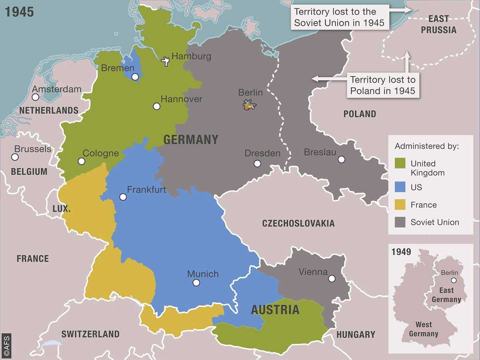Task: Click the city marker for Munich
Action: pyautogui.click(x=196, y=283)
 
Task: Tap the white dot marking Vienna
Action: pyautogui.click(x=332, y=278)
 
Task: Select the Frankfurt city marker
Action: pyautogui.click(x=123, y=197)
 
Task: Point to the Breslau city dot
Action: pyautogui.click(x=341, y=159)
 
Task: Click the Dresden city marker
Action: pyautogui.click(x=257, y=164)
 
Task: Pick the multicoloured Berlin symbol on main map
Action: pyautogui.click(x=250, y=106)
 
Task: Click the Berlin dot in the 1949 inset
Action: pyautogui.click(x=454, y=280)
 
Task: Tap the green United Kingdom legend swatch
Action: pyautogui.click(x=400, y=164)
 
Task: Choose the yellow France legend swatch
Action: pyautogui.click(x=400, y=205)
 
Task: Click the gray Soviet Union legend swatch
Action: pyautogui.click(x=400, y=222)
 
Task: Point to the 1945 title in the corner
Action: pyautogui.click(x=19, y=12)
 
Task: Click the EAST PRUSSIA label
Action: pyautogui.click(x=438, y=24)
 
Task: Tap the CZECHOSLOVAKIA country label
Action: pyautogui.click(x=298, y=224)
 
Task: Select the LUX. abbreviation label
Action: pyautogui.click(x=62, y=209)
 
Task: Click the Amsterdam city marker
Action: pyautogui.click(x=36, y=97)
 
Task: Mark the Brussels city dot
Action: pyautogui.click(x=15, y=157)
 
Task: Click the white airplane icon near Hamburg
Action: pyautogui.click(x=165, y=61)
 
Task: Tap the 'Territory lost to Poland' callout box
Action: pyautogui.click(x=382, y=85)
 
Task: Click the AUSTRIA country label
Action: pyautogui.click(x=275, y=310)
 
